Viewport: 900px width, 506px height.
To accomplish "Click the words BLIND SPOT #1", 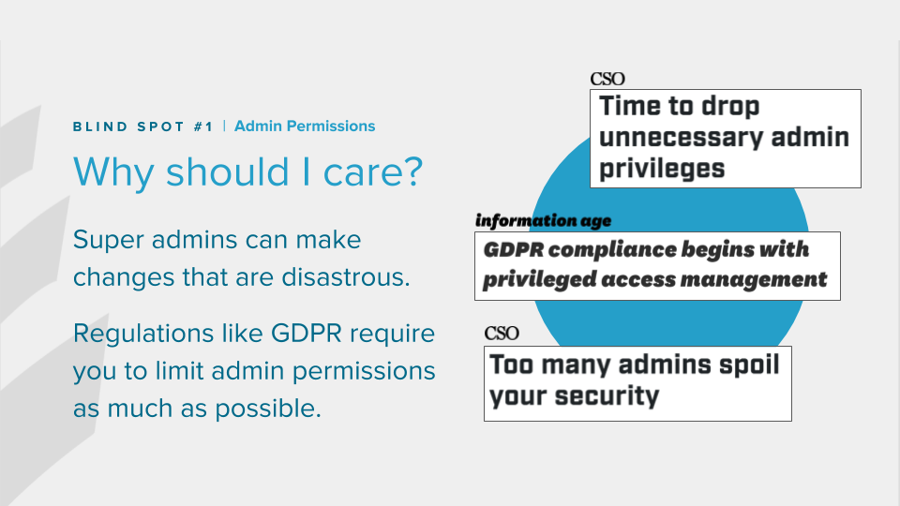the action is pyautogui.click(x=142, y=126).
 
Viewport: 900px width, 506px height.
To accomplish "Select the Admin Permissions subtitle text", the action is pyautogui.click(x=305, y=126).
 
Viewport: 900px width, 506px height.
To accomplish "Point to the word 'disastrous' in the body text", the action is pyautogui.click(x=346, y=277).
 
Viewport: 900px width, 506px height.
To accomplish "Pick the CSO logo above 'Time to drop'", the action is pyautogui.click(x=607, y=79).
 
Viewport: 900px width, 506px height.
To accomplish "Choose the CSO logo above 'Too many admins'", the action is pyautogui.click(x=502, y=334).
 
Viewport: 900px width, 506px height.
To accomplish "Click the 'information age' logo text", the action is pyautogui.click(x=543, y=221).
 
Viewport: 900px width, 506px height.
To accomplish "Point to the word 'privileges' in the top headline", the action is pyautogui.click(x=662, y=170).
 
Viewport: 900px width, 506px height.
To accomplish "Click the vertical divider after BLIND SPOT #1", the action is pyautogui.click(x=224, y=126).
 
